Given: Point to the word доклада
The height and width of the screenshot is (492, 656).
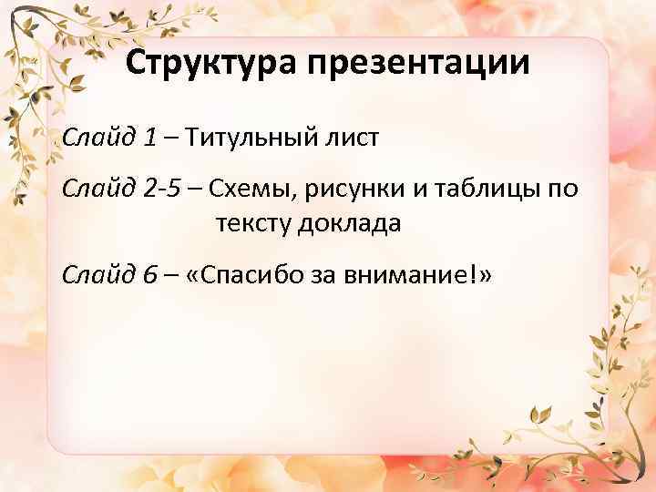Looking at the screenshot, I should pos(351,222).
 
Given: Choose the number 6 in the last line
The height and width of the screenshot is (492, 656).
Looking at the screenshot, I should pos(150,274).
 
